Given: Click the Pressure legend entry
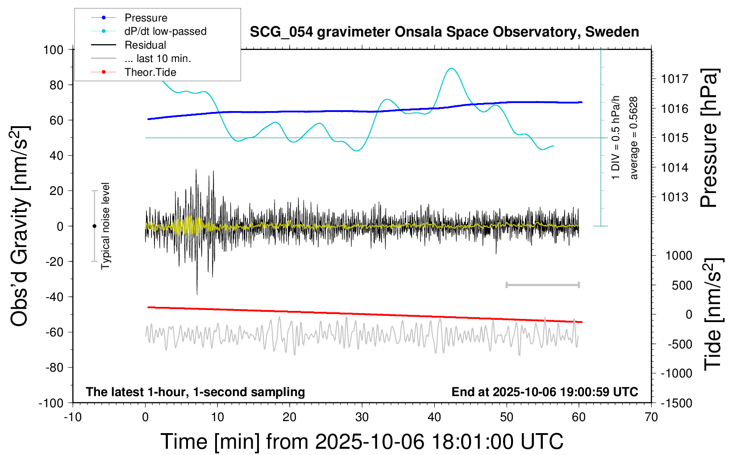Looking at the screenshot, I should point(146,18).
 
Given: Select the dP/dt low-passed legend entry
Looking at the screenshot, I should point(165,31).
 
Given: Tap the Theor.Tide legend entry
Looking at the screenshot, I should point(150,72).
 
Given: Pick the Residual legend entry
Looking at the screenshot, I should point(145,45).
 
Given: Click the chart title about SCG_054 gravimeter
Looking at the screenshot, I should point(444,32).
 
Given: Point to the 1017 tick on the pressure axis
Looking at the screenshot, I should point(674,79).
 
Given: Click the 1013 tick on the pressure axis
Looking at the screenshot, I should point(674,197).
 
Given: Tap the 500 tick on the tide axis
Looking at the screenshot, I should point(682,285).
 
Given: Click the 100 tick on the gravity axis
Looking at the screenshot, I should point(53,50).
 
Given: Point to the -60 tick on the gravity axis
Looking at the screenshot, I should point(53,332).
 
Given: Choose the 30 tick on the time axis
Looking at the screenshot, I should point(362,417).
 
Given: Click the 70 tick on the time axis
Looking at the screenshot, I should point(651,417).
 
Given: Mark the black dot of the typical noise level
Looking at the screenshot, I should point(94,226).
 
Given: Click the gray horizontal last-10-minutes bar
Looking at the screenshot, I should point(542,285).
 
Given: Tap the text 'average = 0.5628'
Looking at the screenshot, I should point(633,138).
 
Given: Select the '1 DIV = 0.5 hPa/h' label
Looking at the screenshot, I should point(616,137).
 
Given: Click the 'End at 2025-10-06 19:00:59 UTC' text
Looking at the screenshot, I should point(545,392).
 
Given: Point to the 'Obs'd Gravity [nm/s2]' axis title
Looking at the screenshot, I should point(20,226).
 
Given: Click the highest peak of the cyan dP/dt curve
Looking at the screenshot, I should point(452,68).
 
